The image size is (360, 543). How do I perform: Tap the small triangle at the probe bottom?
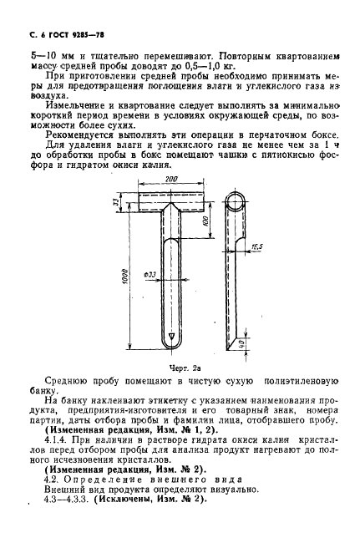pos(171,337)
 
